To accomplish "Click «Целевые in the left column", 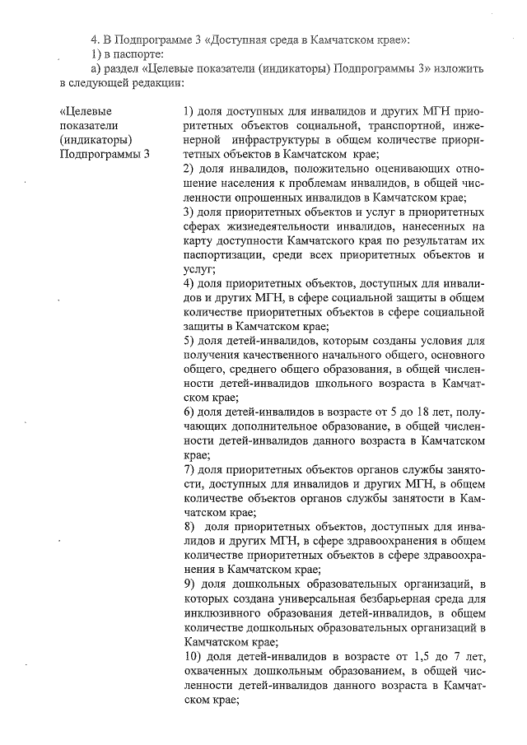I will click(x=86, y=110).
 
